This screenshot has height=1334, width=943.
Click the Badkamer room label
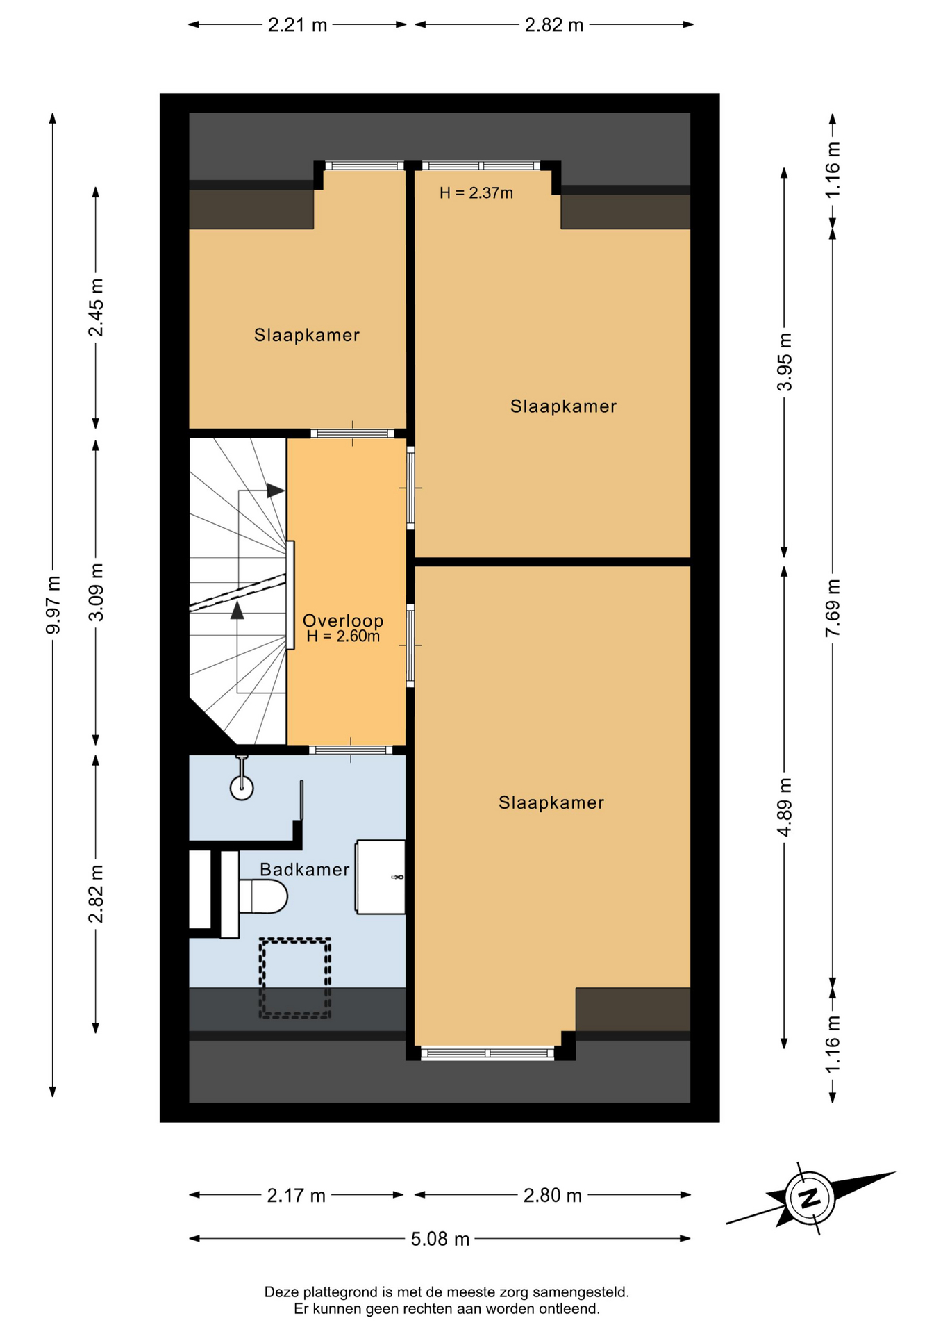[x=304, y=869]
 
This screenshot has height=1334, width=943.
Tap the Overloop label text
[x=343, y=620]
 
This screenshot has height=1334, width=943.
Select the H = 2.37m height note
[x=476, y=193]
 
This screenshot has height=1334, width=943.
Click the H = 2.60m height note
[x=343, y=636]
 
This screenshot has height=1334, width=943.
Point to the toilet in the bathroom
[x=262, y=896]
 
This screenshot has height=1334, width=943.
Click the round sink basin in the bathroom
[x=242, y=787]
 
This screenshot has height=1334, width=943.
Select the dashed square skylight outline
[x=295, y=978]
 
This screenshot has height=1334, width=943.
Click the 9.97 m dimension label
[x=53, y=604]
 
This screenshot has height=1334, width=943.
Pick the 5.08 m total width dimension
[x=440, y=1239]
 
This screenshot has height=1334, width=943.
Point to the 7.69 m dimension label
[x=833, y=607]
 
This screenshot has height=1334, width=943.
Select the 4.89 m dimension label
[x=784, y=808]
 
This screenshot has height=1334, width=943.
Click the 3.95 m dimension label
[x=784, y=362]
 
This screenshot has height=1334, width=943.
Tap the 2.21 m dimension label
[x=297, y=25]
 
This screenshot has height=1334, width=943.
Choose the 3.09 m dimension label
[x=96, y=592]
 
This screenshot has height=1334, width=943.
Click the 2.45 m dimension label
[x=96, y=307]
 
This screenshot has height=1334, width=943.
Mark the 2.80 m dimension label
[x=553, y=1195]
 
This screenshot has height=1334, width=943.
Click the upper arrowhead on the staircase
[x=276, y=491]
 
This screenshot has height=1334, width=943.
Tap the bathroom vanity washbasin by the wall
[x=380, y=877]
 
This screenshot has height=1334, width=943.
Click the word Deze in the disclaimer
[x=279, y=1292]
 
